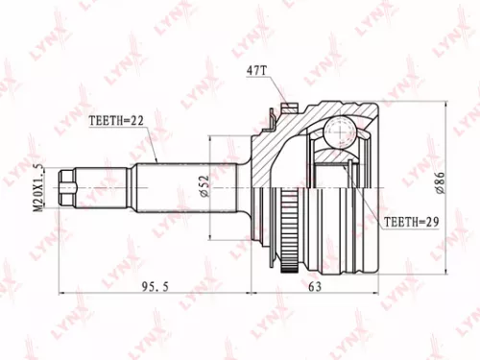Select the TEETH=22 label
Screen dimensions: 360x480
(x=118, y=123)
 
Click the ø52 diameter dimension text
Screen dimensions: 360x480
(x=230, y=182)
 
